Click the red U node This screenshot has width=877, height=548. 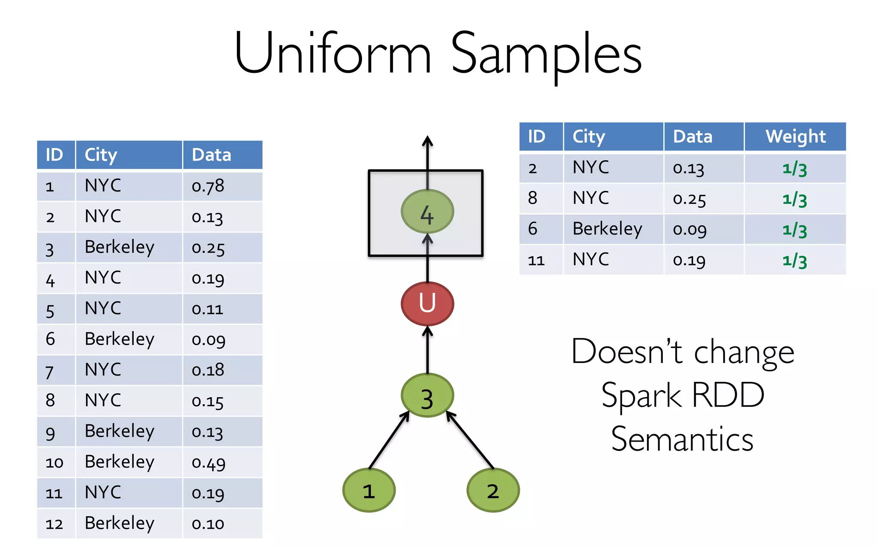(427, 304)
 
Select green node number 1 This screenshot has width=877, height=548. (369, 491)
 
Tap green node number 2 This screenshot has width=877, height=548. (493, 491)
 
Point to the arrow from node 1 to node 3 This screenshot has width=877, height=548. (389, 441)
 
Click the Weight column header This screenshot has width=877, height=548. (795, 137)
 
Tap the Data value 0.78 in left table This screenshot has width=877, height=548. (208, 186)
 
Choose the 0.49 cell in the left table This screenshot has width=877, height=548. (209, 462)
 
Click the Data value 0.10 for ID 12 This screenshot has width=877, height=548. (208, 524)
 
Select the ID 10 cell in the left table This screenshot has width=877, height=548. (54, 462)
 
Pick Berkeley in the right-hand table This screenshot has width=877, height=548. (607, 229)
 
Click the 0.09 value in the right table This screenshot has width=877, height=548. (689, 230)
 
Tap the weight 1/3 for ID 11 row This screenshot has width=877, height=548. (795, 260)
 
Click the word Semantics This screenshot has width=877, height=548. (682, 439)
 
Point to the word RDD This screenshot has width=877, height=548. (728, 395)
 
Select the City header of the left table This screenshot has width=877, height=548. (101, 155)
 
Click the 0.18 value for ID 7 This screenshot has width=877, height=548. (208, 370)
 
